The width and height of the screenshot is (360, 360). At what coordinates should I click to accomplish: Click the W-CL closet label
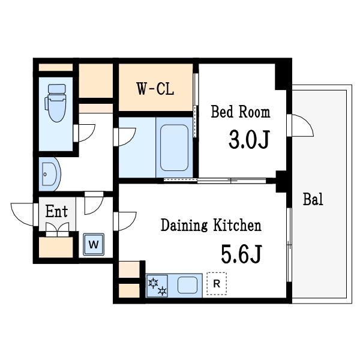155,89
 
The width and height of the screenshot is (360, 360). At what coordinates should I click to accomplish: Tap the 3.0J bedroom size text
249,139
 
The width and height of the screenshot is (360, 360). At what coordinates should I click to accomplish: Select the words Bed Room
241,112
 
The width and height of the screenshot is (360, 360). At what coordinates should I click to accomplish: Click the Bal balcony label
313,199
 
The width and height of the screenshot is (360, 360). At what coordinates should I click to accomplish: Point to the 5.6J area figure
241,254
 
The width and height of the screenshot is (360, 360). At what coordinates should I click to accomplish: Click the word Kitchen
238,225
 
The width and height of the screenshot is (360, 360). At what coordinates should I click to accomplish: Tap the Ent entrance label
56,211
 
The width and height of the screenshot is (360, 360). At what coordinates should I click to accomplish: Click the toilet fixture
55,103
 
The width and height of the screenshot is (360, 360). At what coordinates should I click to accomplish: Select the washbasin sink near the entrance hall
50,174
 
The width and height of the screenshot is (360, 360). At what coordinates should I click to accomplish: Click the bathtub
174,148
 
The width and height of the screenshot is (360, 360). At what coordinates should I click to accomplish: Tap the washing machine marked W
94,244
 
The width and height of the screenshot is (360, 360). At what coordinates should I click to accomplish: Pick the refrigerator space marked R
217,284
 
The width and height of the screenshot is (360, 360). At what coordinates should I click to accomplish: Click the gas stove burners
157,286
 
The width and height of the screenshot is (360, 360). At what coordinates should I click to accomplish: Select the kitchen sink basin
187,285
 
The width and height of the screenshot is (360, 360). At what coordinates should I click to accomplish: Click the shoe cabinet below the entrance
56,247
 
